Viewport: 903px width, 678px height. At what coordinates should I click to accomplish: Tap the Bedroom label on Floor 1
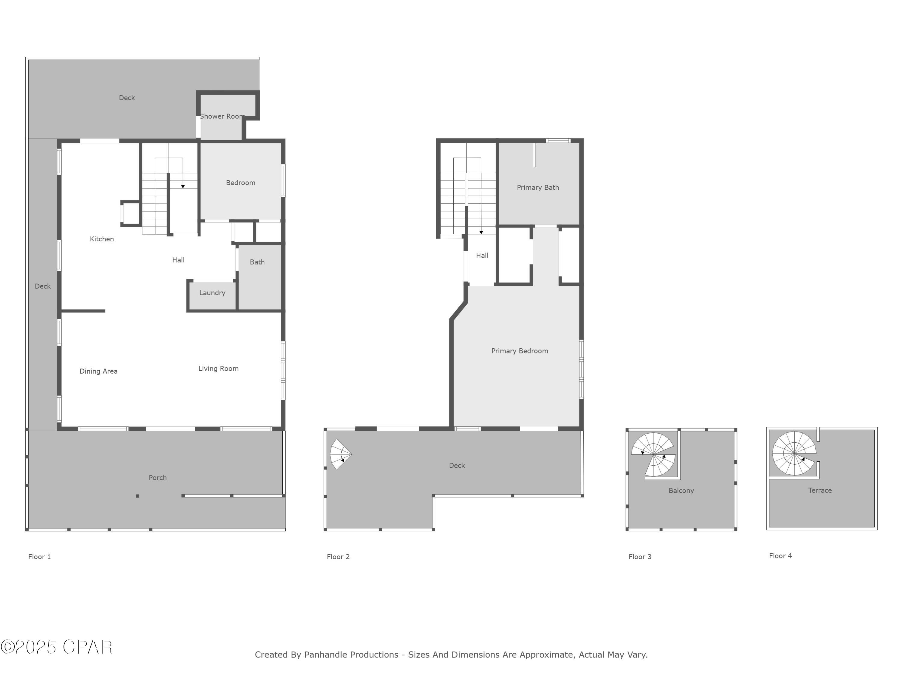tap(240, 183)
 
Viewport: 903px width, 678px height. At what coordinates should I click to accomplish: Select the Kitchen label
tap(102, 239)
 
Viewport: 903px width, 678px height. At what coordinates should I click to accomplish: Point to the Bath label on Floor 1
tap(257, 262)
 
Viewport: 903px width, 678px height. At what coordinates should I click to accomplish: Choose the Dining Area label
tap(98, 371)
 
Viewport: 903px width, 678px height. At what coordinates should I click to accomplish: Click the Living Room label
tap(219, 369)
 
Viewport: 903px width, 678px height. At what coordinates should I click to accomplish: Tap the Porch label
tap(158, 478)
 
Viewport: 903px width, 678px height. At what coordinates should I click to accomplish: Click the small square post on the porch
tap(138, 496)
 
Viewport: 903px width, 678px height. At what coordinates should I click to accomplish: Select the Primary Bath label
tap(538, 188)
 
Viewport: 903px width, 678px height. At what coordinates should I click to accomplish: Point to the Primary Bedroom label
tap(519, 351)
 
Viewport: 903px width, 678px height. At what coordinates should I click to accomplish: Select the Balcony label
tap(681, 490)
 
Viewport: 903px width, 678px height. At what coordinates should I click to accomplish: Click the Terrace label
tap(820, 490)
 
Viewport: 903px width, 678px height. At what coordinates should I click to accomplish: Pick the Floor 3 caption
tap(640, 557)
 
